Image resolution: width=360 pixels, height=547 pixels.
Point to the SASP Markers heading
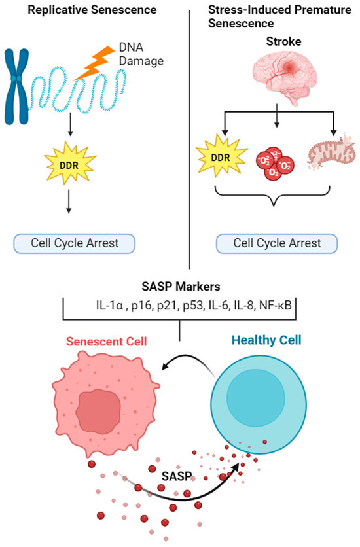click(181, 287)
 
